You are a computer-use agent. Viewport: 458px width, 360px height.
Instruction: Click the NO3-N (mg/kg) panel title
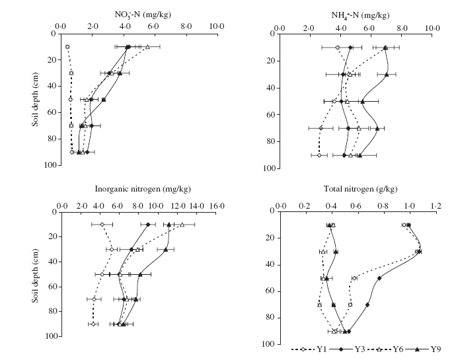point(139,9)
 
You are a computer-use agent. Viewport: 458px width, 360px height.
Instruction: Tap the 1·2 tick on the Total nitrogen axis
point(436,206)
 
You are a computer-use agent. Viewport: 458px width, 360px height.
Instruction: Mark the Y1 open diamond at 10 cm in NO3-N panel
point(67,47)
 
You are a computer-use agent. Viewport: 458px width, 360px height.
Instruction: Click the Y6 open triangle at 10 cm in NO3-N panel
point(147,47)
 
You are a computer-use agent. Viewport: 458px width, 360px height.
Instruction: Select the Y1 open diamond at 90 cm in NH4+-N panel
point(319,155)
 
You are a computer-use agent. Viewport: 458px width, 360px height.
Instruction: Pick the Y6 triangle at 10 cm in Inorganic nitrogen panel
point(182,225)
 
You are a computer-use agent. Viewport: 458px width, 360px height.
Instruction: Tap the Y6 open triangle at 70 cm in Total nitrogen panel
point(319,305)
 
